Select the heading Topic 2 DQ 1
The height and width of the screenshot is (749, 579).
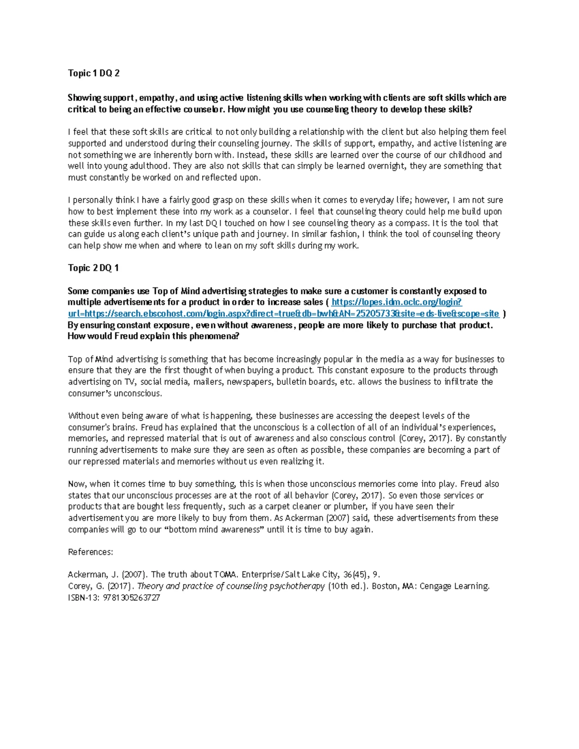coord(93,268)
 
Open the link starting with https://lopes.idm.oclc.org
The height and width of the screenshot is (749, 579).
coord(397,302)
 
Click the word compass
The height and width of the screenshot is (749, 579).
coord(410,223)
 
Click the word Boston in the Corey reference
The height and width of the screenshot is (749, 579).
coord(385,586)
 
